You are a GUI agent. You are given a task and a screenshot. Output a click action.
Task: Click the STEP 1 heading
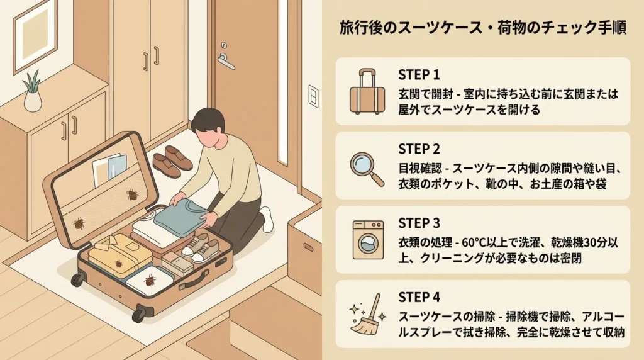[419, 75]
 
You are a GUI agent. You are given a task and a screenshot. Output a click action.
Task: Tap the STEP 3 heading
[419, 223]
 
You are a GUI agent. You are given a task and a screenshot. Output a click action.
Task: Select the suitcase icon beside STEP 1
[367, 92]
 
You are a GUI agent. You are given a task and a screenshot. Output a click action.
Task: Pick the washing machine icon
[368, 240]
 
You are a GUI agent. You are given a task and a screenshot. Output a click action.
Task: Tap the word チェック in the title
[565, 28]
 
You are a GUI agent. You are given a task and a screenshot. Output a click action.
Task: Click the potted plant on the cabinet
[33, 91]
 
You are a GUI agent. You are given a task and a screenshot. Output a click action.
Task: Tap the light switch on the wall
[313, 96]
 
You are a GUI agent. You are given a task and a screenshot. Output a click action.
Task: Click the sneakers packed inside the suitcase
[201, 248]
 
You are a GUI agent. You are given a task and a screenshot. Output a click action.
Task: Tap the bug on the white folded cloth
[150, 281]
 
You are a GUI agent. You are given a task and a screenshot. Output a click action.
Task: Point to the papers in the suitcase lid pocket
[109, 169]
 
